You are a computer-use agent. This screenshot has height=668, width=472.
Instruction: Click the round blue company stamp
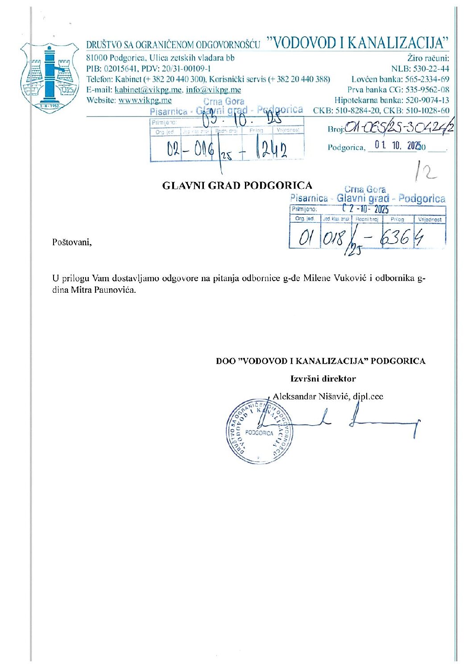(x=259, y=431)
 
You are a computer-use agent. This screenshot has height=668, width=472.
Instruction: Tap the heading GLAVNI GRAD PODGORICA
(x=237, y=186)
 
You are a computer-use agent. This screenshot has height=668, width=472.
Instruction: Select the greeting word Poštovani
(x=72, y=242)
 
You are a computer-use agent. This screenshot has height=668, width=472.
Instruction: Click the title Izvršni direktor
(x=323, y=379)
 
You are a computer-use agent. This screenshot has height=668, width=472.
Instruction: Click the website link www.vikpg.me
(x=145, y=100)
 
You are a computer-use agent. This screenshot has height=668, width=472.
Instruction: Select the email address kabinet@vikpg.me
(x=148, y=89)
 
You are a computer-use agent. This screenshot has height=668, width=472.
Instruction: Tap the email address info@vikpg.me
(x=213, y=89)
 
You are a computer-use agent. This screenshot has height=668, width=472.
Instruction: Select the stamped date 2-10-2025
(x=366, y=209)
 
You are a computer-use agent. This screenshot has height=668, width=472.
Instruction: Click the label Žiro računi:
(x=428, y=58)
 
